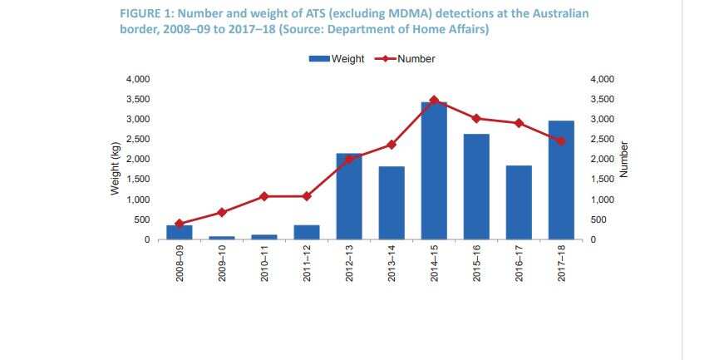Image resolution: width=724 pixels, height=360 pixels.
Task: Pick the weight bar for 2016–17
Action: (x=519, y=203)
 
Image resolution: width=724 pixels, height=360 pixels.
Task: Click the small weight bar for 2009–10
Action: (x=222, y=238)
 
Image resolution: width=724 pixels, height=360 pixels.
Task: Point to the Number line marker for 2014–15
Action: (x=434, y=100)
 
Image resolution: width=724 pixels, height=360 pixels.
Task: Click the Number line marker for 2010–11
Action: (x=264, y=196)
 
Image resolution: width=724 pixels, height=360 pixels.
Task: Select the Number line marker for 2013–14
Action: (x=392, y=145)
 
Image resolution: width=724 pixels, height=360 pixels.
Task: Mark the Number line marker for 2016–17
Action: (x=519, y=123)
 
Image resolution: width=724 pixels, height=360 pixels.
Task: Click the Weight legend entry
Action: (x=336, y=59)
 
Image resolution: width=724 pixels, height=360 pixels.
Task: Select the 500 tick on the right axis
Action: (x=598, y=219)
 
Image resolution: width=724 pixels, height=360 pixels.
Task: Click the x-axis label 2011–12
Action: (x=307, y=265)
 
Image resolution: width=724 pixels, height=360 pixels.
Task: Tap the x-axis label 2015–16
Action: (x=476, y=265)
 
